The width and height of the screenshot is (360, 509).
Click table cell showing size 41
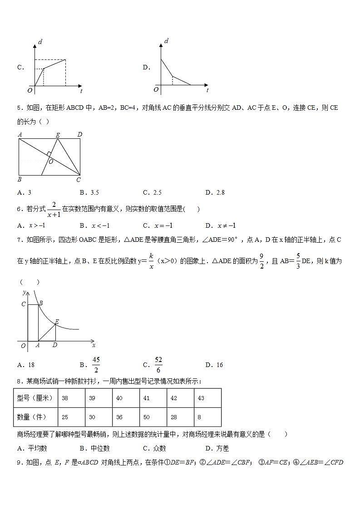146,398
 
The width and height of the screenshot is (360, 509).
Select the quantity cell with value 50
146,417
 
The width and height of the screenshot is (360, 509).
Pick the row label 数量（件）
35,417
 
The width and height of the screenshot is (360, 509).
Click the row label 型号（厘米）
35,398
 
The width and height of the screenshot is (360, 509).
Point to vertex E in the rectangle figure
58,135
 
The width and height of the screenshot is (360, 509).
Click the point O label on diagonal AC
51,162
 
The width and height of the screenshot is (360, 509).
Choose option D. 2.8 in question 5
215,192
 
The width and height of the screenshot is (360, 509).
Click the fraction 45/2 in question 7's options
96,365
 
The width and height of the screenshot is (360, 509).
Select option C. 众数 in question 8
154,448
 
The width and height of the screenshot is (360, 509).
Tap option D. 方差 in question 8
217,448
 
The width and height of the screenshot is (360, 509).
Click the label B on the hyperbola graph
41,303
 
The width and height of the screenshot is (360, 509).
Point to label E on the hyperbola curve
57,322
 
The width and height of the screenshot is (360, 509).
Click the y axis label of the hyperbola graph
24,293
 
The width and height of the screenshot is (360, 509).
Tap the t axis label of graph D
207,91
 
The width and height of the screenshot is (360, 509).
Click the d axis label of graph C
40,42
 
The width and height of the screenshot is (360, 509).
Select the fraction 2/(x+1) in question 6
54,209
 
